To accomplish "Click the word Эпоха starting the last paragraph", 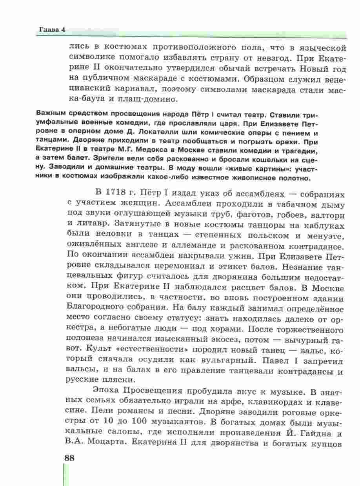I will point(106,391).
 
